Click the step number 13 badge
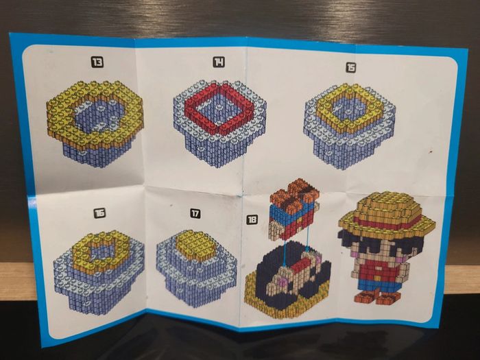tap(97, 62)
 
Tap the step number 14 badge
tap(219, 62)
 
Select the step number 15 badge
tap(351, 67)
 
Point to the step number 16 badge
tap(99, 213)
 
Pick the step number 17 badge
tap(195, 213)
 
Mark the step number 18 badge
tap(252, 219)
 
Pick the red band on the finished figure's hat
tap(386, 223)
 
